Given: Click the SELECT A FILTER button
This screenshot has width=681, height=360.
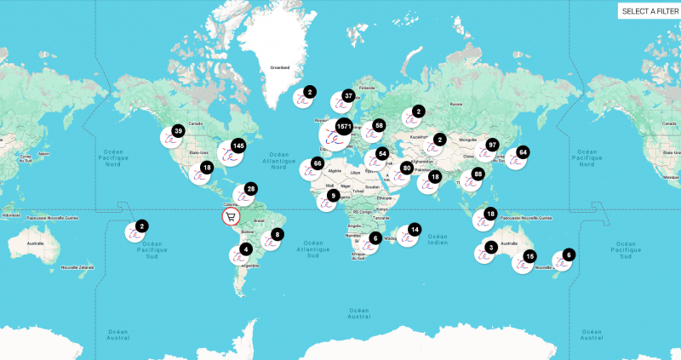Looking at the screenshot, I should tap(649, 11).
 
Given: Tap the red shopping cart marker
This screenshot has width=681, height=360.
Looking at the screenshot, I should tap(231, 217).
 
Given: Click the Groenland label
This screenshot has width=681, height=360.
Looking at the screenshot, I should tap(279, 67).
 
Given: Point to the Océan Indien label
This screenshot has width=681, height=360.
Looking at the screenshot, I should tap(437, 239).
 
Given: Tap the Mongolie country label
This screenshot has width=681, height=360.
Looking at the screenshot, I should tap(467, 139).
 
